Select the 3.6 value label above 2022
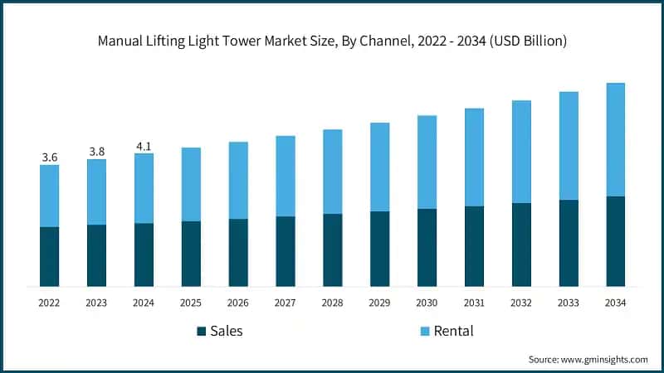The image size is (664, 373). pos(49,157)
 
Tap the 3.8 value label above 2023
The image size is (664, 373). pos(96,151)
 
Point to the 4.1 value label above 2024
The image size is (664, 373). pos(144,146)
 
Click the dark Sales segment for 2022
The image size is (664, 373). pos(49,256)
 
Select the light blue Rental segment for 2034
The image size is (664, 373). pos(615,139)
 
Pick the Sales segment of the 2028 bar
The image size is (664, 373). pos(332,249)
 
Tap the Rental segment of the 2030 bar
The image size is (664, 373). pos(427,162)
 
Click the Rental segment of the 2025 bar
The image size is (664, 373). pos(191,184)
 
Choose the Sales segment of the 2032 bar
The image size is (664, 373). pos(521,245)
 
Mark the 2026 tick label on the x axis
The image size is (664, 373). pos(238,303)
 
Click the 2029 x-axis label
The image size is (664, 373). pos(379,303)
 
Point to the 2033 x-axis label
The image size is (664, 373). pos(568,303)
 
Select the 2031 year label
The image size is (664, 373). pos(474,303)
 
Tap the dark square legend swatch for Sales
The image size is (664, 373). pos(201,332)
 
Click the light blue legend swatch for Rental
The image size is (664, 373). pos(424,332)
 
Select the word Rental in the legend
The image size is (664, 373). pos(453,332)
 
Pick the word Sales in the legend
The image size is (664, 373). pos(227,332)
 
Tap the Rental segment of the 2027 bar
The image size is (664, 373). pos(286,176)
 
